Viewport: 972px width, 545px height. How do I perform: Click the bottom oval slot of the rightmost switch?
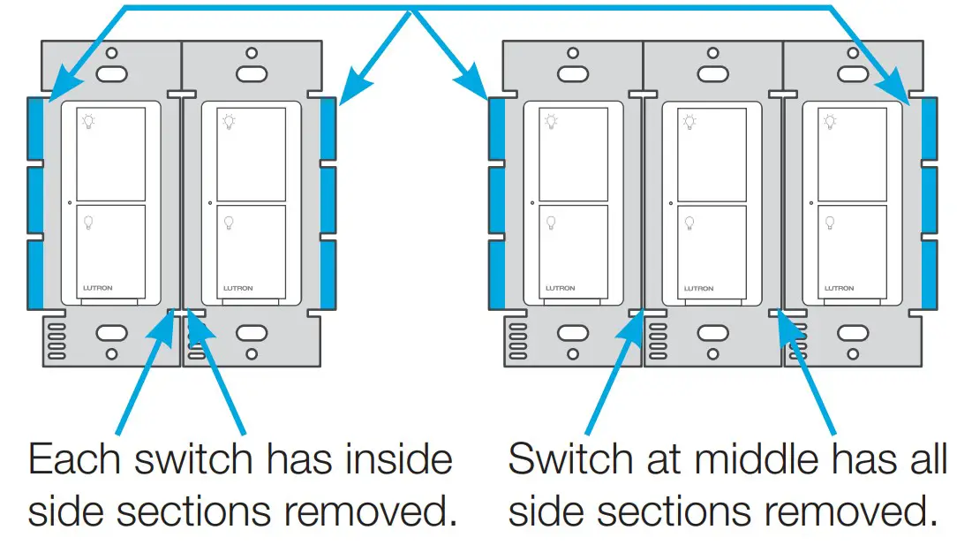[852, 335]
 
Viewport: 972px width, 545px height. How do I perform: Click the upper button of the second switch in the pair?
[252, 154]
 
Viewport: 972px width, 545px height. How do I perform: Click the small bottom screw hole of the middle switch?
[712, 354]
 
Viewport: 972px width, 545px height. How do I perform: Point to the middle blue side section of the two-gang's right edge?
[328, 201]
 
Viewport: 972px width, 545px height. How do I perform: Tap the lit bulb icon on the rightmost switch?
[830, 122]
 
